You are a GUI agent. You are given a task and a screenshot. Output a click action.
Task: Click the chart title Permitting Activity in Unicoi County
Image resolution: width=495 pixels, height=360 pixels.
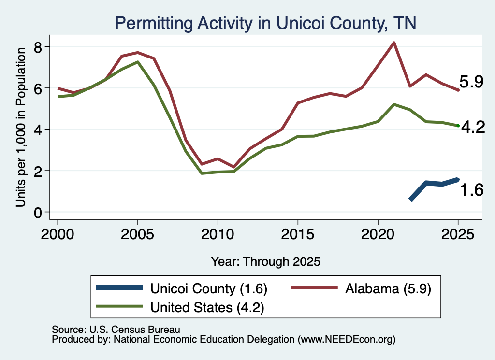[x=265, y=23]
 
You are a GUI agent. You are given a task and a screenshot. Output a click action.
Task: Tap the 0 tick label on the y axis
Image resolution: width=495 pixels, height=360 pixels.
[x=38, y=213]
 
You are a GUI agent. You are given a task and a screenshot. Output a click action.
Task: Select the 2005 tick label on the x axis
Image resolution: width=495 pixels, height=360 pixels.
[x=137, y=234]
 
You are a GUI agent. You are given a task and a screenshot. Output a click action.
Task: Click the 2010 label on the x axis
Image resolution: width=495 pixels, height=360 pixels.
[x=218, y=234]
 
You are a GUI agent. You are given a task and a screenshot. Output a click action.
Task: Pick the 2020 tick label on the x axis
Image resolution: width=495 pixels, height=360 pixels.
[x=378, y=234]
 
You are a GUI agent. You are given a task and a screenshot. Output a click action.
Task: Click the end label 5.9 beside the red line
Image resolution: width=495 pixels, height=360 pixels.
[x=471, y=82]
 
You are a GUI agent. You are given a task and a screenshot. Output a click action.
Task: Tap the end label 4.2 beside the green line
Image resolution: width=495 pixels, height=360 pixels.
[x=473, y=127]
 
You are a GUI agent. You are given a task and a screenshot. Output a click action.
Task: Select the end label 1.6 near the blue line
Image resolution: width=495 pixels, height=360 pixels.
[x=472, y=190]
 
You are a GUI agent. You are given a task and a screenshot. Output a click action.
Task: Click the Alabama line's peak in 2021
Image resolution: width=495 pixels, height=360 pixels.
[x=394, y=43]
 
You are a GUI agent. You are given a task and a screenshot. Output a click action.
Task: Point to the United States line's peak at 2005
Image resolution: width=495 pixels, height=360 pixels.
[x=137, y=62]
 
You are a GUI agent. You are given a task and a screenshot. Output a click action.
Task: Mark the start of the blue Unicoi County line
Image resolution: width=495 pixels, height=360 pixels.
[x=410, y=200]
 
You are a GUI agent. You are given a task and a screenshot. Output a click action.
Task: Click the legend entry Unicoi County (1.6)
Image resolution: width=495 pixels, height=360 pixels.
[x=182, y=288]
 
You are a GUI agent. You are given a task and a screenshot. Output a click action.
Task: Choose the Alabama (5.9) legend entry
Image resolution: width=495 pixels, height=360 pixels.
[x=361, y=288]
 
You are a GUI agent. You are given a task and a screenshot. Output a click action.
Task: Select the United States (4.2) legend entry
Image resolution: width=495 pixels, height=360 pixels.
[x=180, y=307]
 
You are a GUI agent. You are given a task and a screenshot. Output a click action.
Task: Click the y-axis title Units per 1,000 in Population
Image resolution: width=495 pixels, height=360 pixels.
[x=21, y=127]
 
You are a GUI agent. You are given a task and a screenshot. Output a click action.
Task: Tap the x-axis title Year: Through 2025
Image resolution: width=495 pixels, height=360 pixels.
[x=265, y=261]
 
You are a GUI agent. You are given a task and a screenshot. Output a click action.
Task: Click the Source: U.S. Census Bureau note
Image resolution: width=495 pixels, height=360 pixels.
[x=116, y=330]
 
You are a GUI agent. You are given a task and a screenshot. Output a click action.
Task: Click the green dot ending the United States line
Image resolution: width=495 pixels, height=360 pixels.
[x=458, y=126]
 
